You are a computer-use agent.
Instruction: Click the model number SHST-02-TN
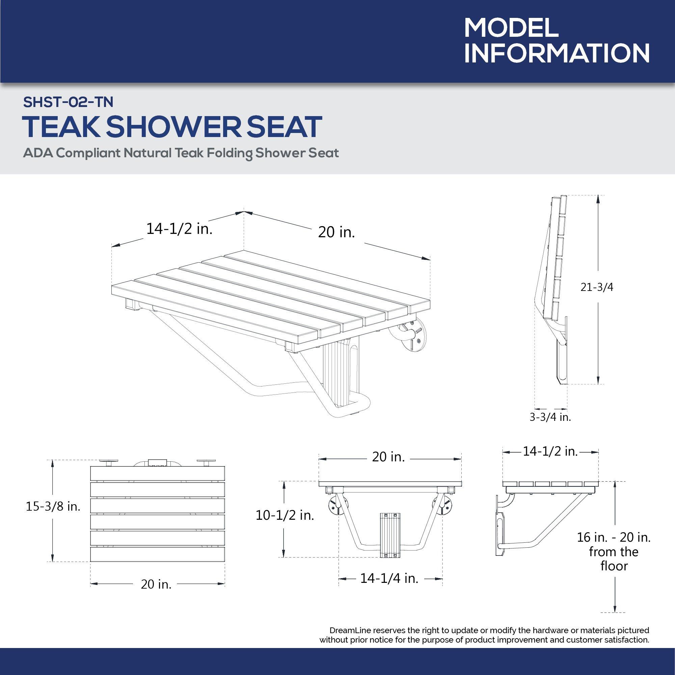68,102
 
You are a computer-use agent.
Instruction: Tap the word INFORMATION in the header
557,53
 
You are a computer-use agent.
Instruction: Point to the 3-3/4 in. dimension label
550,417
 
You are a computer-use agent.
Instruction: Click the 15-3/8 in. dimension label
53,506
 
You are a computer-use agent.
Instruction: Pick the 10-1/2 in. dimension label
285,515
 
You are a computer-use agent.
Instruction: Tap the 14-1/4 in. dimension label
389,578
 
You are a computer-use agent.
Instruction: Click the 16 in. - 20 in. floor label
614,537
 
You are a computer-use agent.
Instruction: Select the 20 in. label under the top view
156,584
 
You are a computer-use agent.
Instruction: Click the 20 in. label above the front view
388,457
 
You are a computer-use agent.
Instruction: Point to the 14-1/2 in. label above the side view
550,451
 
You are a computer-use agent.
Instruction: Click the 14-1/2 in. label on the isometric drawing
179,229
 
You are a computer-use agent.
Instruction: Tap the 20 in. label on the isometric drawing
336,232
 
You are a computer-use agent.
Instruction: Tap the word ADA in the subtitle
37,153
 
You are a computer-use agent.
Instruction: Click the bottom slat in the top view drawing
158,554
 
